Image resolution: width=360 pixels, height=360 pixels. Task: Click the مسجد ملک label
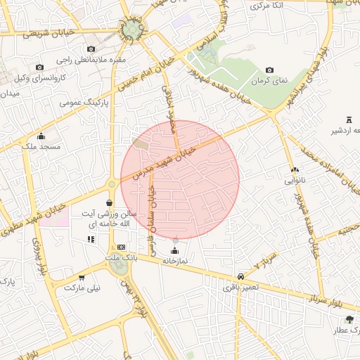[x=41, y=146]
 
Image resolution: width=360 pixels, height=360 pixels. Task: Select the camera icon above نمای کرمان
[x=270, y=70]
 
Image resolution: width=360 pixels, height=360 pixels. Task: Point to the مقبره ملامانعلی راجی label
[x=91, y=60]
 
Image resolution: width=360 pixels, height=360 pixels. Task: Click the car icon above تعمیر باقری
[x=241, y=276]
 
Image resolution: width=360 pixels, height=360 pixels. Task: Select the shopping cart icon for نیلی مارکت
[x=82, y=278]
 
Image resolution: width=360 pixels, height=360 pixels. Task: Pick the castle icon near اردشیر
[x=349, y=120]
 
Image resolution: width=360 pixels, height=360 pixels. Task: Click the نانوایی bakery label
[x=295, y=180]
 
